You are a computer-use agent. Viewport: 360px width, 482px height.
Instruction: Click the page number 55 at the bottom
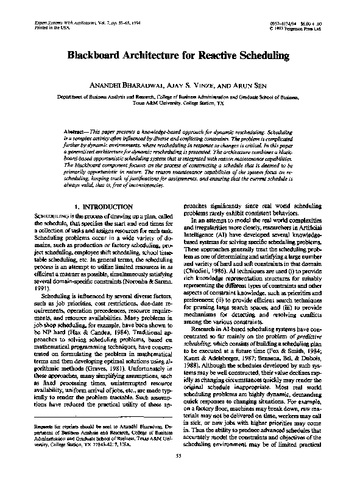coord(179,472)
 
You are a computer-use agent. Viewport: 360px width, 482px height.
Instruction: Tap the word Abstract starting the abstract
coord(77,131)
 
